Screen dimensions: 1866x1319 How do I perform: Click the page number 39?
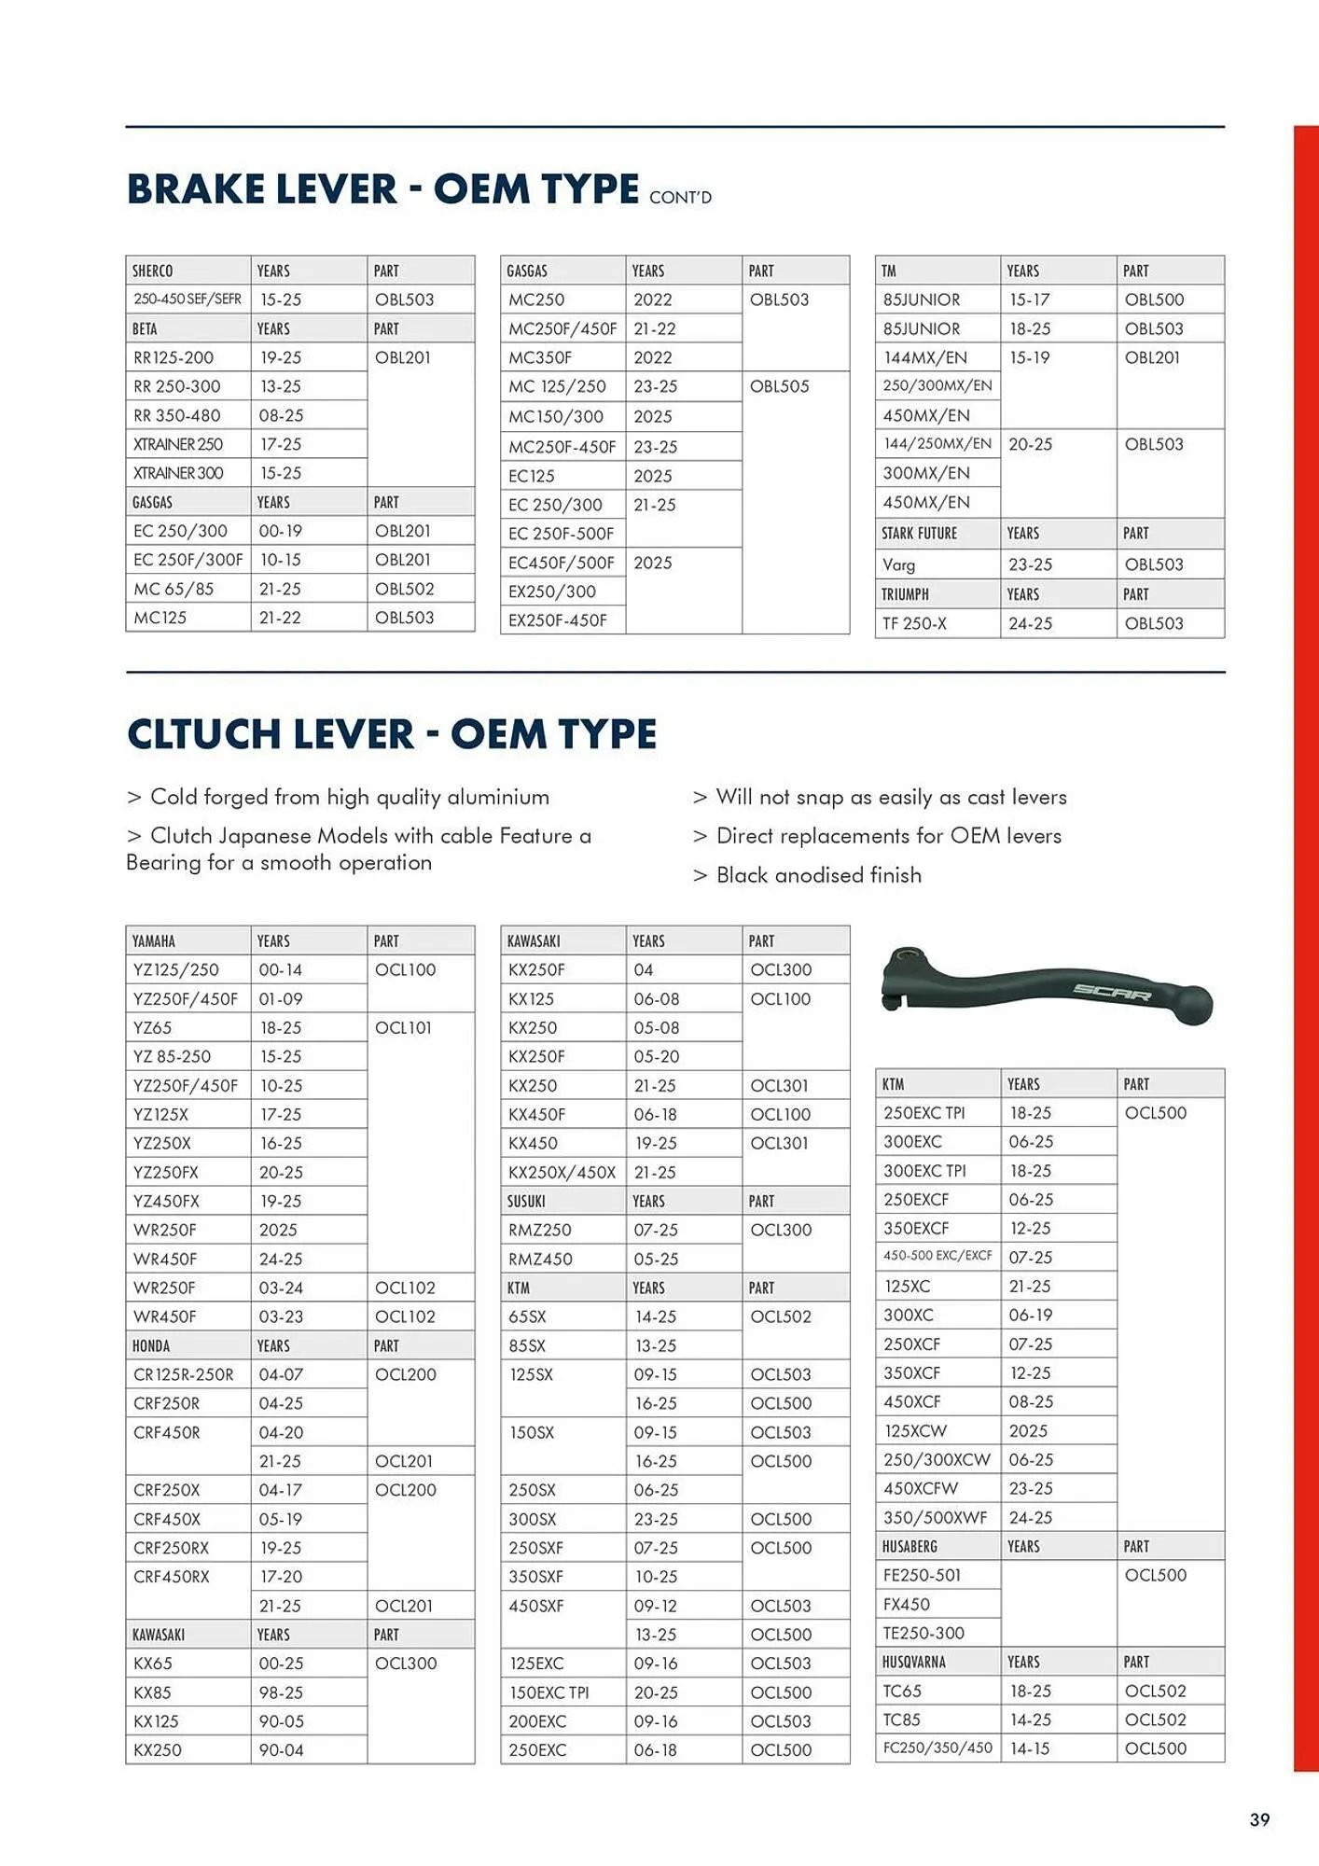(x=1259, y=1818)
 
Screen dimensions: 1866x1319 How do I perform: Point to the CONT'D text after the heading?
(x=680, y=198)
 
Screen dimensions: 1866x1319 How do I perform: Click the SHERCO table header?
(x=153, y=271)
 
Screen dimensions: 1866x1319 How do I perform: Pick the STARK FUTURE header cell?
(x=920, y=534)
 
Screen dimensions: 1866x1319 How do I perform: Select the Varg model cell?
(x=899, y=564)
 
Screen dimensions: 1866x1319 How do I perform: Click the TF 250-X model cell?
(x=915, y=623)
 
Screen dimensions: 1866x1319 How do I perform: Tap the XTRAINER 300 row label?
(x=178, y=473)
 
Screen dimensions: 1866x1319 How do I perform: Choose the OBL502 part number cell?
(x=404, y=589)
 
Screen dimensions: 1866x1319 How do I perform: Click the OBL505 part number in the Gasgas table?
(x=779, y=386)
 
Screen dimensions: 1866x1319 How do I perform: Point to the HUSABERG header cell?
(x=909, y=1546)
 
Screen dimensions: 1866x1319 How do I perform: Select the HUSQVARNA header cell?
(x=914, y=1662)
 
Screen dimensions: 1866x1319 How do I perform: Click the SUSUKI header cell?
(x=527, y=1201)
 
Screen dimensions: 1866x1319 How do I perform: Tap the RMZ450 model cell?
(x=540, y=1259)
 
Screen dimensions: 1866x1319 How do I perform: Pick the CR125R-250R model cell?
(x=184, y=1374)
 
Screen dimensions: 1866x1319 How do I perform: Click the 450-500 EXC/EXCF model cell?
(x=937, y=1256)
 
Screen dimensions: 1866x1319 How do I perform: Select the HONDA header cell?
(x=151, y=1345)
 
